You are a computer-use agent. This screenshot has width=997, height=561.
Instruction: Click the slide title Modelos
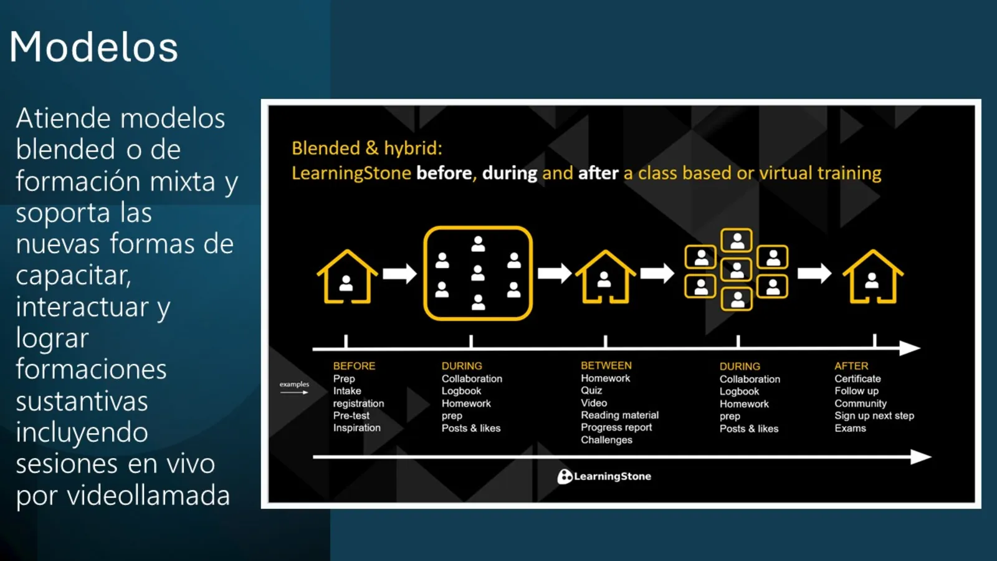93,47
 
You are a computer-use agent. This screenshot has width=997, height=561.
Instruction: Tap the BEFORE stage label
354,366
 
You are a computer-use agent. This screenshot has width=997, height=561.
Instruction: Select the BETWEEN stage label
606,365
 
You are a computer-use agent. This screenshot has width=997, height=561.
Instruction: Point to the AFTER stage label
851,366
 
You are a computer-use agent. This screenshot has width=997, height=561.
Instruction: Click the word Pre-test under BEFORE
351,415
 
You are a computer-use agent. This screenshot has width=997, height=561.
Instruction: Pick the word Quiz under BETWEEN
591,390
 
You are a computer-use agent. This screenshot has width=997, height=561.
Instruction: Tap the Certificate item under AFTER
857,378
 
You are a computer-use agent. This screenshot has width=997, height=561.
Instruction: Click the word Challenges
606,439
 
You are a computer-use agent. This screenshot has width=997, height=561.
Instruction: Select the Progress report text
616,427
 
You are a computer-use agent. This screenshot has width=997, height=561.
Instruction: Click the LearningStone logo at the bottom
604,476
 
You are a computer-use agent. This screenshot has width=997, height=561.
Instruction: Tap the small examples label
294,384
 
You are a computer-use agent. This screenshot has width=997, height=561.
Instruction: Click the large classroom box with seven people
478,273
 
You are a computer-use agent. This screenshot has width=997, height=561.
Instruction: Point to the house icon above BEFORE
347,277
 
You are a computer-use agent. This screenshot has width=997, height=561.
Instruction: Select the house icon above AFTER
872,277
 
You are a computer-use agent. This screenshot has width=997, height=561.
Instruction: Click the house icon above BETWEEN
605,277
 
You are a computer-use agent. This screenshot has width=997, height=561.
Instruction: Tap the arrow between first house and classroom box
399,273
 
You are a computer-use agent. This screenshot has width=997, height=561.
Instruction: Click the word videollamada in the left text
148,496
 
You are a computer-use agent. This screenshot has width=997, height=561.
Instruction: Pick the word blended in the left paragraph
65,150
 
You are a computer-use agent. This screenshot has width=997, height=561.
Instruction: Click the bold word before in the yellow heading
444,173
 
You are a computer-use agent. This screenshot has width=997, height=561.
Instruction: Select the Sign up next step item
874,415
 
